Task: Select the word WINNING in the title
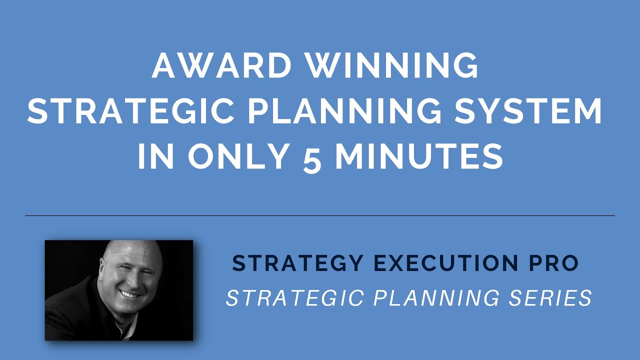(x=392, y=65)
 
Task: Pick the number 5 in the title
(x=312, y=158)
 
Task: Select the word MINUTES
(x=419, y=157)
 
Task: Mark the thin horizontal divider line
(x=320, y=215)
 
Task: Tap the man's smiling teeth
(x=129, y=294)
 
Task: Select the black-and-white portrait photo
(x=119, y=290)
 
